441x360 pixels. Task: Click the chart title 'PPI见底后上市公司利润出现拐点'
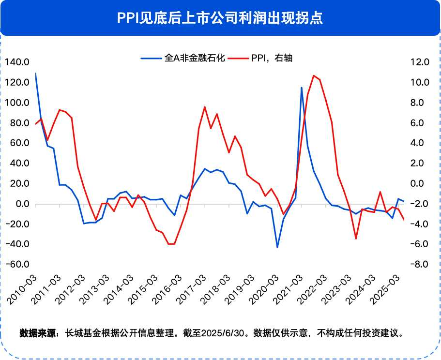220,18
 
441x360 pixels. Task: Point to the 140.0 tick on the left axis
16,62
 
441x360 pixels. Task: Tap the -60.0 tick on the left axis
16,265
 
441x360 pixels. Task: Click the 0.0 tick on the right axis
419,184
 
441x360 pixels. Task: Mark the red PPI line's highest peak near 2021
314,75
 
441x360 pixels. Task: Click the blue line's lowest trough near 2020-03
277,247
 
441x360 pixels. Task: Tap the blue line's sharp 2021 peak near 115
302,88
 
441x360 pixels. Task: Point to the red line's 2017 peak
205,107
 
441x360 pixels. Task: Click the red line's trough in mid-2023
356,239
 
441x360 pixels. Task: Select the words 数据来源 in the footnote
38,333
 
